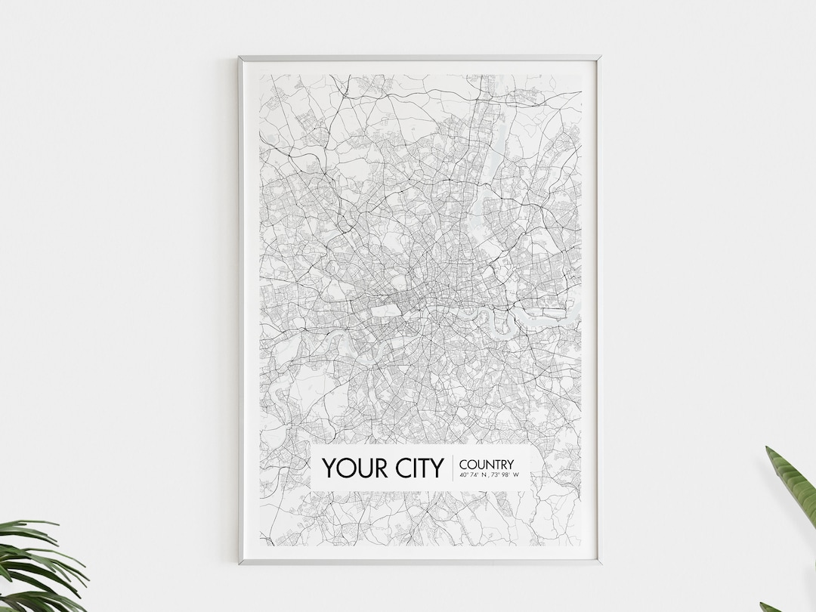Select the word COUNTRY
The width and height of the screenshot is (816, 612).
click(x=486, y=464)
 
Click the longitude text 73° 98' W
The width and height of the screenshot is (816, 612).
click(x=508, y=475)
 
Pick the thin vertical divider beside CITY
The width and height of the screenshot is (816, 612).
click(x=452, y=468)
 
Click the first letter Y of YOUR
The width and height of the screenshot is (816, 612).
click(x=329, y=468)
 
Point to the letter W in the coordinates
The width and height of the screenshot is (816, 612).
click(x=518, y=475)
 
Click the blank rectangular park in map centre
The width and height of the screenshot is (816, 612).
click(x=385, y=310)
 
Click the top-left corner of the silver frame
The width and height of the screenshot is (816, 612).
click(x=240, y=57)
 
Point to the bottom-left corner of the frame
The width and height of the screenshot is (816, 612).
click(x=240, y=562)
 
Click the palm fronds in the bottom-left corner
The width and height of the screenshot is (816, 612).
click(x=38, y=567)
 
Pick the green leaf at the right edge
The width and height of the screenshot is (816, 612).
click(x=793, y=484)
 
